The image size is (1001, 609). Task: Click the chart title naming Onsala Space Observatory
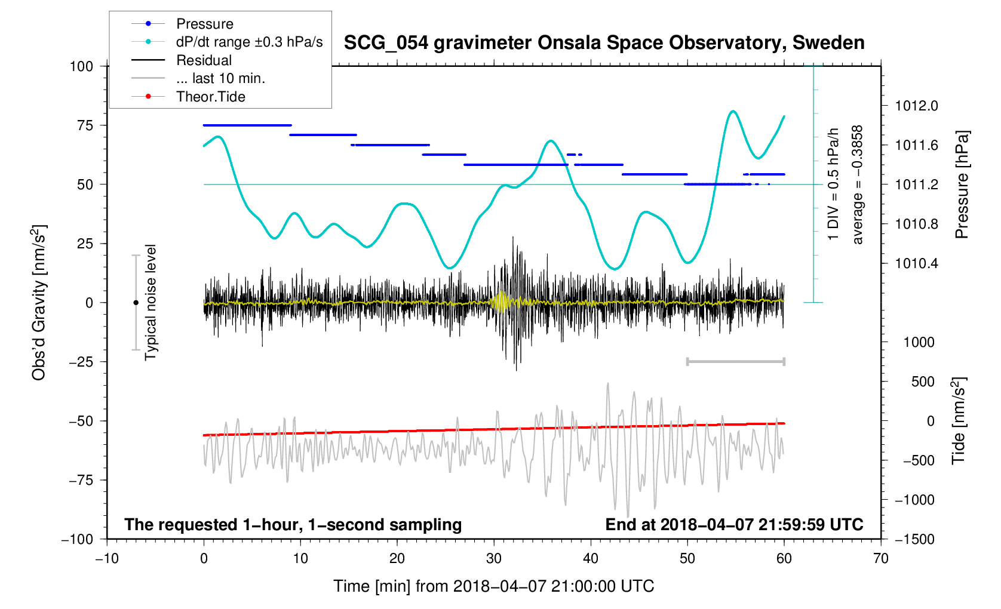pos(604,43)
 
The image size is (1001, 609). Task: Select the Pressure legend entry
pos(204,24)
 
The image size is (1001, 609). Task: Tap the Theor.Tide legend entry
pos(210,97)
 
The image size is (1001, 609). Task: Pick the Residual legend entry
pos(204,60)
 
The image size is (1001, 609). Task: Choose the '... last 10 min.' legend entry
pos(220,78)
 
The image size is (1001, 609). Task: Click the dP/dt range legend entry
pos(249,42)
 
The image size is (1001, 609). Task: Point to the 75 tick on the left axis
pos(85,125)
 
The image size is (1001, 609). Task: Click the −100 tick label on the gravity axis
pos(78,539)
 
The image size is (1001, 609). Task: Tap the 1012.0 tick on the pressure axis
pos(916,106)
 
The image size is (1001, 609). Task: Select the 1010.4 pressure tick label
pos(916,264)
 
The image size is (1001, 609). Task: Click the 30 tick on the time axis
pos(494,559)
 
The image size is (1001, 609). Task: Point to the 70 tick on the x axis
pos(880,559)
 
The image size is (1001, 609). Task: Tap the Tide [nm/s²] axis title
pos(959,420)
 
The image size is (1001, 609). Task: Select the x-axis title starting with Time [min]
pos(493,586)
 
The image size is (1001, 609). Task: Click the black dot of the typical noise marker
pos(136,303)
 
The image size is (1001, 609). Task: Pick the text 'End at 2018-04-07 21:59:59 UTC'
pos(734,525)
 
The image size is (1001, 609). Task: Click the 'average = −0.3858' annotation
pos(858,184)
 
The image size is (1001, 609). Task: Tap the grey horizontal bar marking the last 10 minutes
pos(735,361)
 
